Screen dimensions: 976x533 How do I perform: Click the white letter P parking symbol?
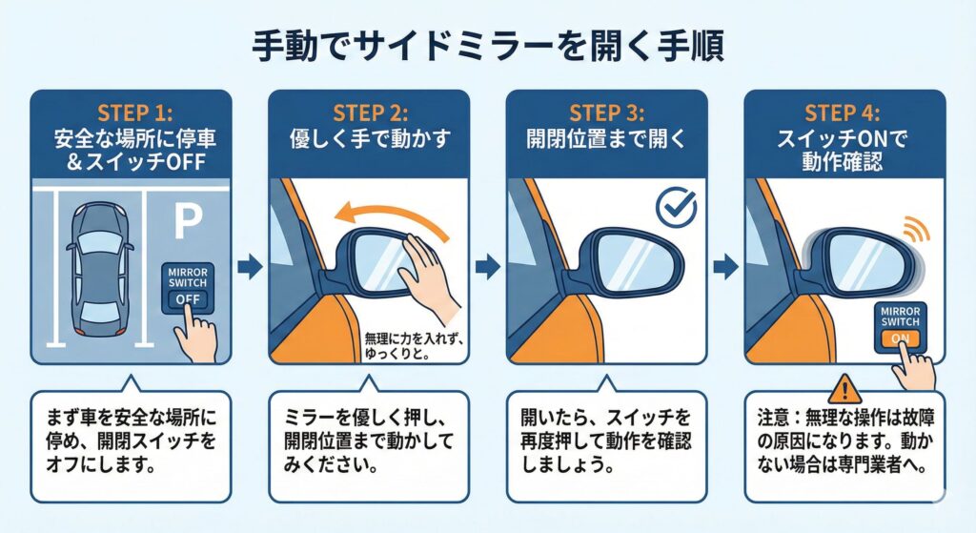[188, 222]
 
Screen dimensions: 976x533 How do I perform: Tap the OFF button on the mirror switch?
[188, 299]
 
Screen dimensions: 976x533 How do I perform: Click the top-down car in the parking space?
[99, 268]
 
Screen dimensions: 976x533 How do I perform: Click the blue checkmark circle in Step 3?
[677, 207]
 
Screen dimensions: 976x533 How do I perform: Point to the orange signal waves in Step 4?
[916, 229]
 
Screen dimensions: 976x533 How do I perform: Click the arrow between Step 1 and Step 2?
[250, 267]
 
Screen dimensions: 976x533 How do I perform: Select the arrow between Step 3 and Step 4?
[725, 267]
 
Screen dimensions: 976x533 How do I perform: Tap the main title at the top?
[488, 47]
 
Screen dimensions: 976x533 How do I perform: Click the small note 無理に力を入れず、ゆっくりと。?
[414, 347]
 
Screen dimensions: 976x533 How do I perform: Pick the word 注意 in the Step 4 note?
[773, 417]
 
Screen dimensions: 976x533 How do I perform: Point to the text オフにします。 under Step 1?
[100, 464]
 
